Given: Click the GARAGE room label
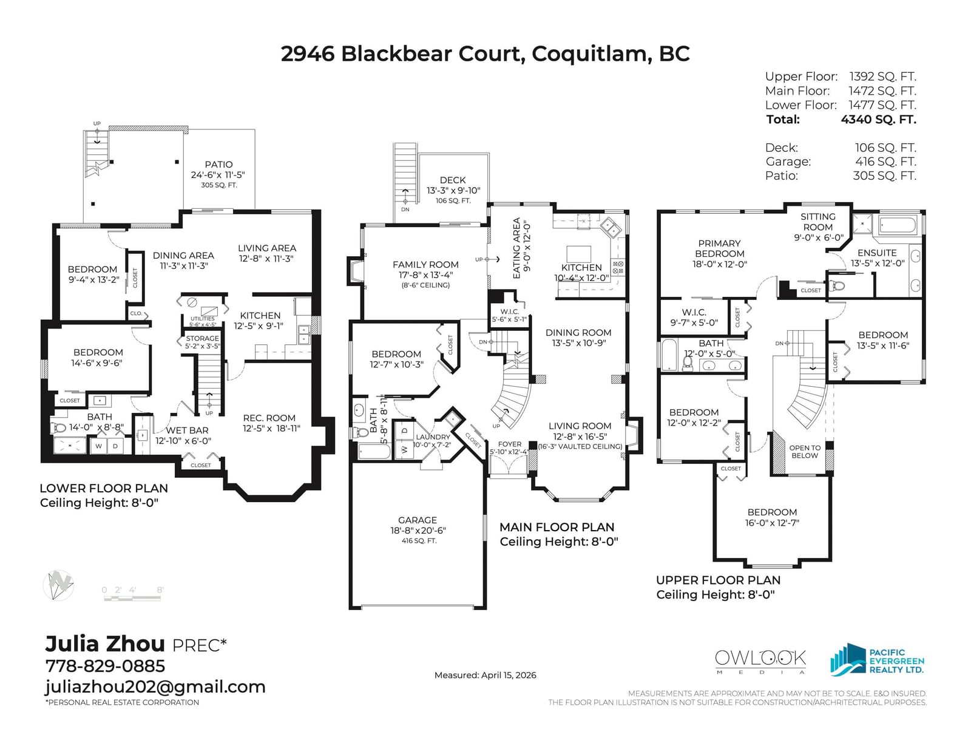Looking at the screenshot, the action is [x=418, y=520].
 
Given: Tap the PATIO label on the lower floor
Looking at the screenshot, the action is [x=218, y=165].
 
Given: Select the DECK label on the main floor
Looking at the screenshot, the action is [x=453, y=180].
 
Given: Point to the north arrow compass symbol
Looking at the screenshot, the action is [x=58, y=585].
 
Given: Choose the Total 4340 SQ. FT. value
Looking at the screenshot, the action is [x=879, y=120].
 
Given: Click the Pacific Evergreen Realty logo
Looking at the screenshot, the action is [x=877, y=659].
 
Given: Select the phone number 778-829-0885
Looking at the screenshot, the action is [x=106, y=666].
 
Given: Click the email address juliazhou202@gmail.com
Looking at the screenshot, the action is [x=155, y=687].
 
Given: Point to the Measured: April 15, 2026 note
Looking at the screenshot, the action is [x=486, y=675].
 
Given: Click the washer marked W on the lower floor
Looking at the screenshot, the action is [x=99, y=446].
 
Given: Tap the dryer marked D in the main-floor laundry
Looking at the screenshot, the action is [x=405, y=430].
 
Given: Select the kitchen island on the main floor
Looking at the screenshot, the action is [x=579, y=254].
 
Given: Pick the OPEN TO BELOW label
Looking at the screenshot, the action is [x=805, y=452].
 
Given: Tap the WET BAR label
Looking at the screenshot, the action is [x=188, y=430].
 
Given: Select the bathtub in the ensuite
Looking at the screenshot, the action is [x=898, y=225].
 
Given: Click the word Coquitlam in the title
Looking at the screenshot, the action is [x=589, y=54].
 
